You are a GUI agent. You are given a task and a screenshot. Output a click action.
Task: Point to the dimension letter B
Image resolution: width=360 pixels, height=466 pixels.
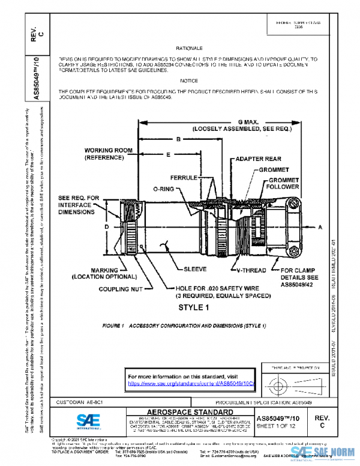click(178, 139)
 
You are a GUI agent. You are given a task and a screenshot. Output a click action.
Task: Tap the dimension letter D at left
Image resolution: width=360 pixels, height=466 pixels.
click(106, 227)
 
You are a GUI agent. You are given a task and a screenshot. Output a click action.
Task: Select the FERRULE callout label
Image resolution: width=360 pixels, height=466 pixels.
click(182, 178)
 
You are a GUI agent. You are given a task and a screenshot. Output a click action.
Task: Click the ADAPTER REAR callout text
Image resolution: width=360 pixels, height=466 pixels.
click(259, 159)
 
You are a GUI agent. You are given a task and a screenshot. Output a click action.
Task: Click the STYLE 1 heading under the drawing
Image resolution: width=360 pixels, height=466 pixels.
click(193, 307)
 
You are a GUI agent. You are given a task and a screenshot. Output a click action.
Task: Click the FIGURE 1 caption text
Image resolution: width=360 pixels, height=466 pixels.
click(184, 325)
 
